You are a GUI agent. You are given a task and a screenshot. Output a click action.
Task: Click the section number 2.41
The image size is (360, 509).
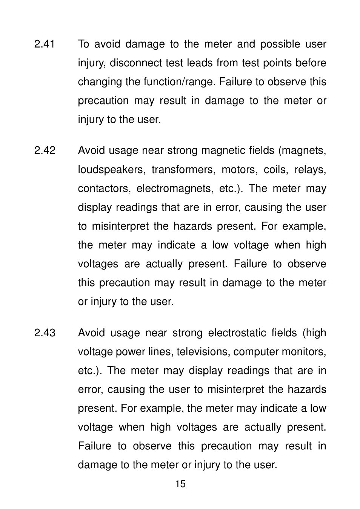[44, 44]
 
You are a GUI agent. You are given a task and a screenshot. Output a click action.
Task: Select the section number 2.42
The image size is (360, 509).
[45, 150]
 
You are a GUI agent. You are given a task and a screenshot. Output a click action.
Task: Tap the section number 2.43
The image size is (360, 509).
[45, 333]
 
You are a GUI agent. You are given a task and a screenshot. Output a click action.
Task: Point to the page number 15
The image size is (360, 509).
[180, 484]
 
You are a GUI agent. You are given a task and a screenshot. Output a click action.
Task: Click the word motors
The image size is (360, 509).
[238, 170]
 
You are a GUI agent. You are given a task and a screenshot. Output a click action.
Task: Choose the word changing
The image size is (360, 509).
[100, 82]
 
